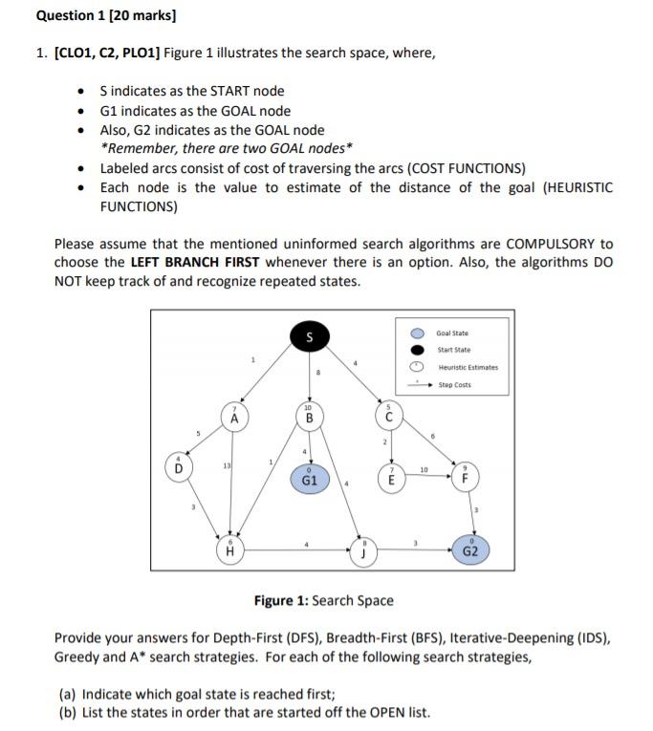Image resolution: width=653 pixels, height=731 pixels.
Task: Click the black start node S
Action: click(308, 336)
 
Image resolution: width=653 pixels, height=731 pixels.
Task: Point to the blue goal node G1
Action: click(309, 479)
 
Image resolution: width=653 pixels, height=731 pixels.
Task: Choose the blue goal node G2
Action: click(470, 548)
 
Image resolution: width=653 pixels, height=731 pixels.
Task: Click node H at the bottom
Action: click(229, 548)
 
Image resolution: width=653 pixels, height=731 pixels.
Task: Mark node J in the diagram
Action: click(364, 548)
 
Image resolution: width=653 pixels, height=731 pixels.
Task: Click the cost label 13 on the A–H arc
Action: click(227, 465)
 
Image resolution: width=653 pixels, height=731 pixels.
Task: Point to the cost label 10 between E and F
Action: click(423, 469)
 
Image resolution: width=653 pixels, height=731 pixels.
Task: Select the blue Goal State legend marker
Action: click(417, 333)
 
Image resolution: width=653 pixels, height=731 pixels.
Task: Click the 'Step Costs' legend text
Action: click(457, 385)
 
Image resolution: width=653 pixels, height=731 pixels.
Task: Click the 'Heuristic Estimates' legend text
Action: click(468, 367)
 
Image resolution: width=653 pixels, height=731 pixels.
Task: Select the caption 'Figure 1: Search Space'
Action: click(323, 600)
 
